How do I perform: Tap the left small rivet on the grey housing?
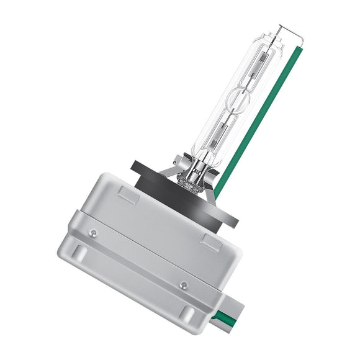click(x=93, y=233)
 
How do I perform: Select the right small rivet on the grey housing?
click(x=182, y=284)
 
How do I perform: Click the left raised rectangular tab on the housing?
click(x=128, y=196)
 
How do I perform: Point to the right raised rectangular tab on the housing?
click(x=210, y=243)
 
